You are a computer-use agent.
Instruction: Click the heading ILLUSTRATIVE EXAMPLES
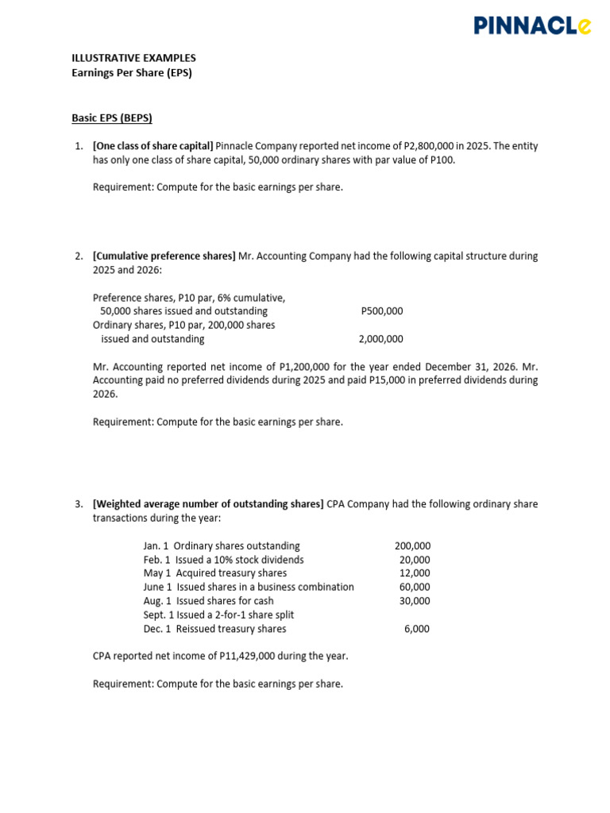pos(133,58)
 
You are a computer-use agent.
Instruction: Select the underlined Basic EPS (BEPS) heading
pos(111,118)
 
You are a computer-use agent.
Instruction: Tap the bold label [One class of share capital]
pos(153,146)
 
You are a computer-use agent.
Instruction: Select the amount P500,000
pos(381,311)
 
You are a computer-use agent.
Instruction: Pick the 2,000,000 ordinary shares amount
pos(381,339)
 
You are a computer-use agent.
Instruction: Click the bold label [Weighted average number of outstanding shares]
pos(208,504)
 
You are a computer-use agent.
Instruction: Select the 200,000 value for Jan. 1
pos(412,546)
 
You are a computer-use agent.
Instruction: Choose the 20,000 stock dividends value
pos(415,560)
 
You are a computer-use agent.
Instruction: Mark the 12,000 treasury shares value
pos(415,573)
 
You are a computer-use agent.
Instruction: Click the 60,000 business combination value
pos(415,588)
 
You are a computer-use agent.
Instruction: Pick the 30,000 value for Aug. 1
pos(415,601)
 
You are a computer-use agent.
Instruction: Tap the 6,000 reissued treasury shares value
pos(417,629)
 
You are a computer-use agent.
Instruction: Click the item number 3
pos(79,504)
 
